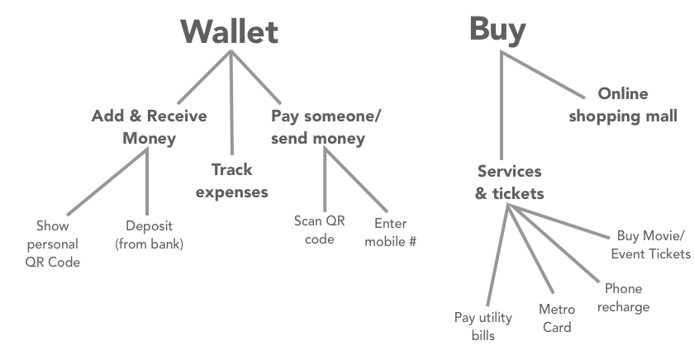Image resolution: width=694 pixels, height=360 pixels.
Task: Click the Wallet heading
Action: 229,31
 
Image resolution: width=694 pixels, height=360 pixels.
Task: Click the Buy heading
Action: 497,29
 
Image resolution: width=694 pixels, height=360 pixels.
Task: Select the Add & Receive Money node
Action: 149,127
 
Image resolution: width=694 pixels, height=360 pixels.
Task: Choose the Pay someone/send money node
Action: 326,127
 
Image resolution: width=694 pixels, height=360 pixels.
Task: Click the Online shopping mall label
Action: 623,105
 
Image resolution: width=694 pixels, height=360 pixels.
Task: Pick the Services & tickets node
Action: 509,182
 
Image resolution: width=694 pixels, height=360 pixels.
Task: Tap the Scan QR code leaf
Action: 314,230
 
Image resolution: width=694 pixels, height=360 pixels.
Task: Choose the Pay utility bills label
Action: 482,326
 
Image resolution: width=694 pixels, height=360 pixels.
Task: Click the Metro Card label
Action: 557,318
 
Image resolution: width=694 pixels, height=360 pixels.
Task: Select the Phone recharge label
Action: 622,298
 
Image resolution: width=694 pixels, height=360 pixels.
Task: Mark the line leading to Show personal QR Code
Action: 107,181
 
